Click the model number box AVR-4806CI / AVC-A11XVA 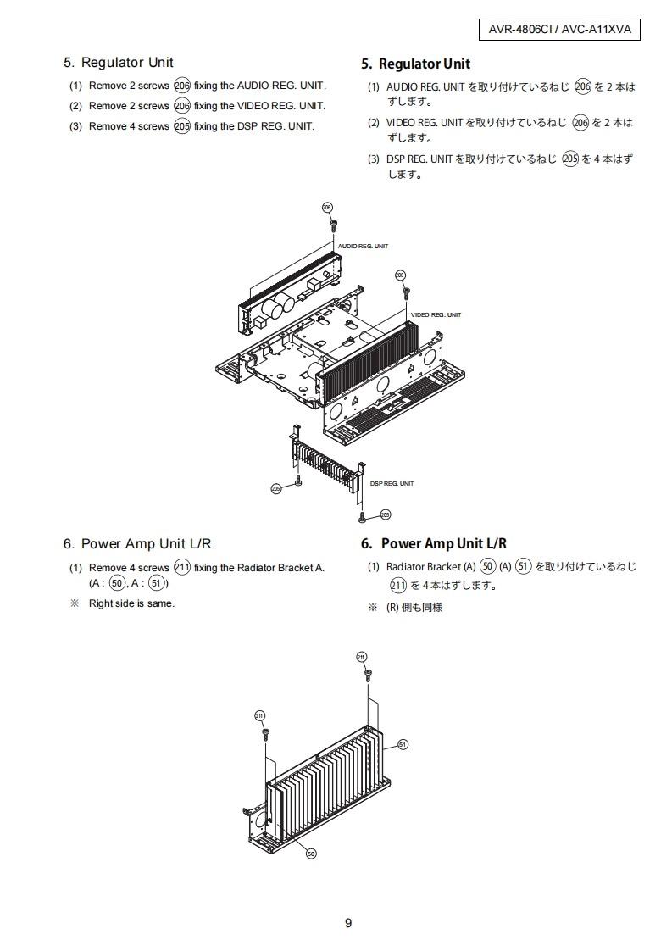[558, 30]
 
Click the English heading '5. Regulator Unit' [119, 63]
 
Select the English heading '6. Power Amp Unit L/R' [137, 543]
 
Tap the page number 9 [348, 923]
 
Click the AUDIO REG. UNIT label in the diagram [363, 246]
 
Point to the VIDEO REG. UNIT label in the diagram [436, 314]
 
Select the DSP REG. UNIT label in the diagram [392, 483]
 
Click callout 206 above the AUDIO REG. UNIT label [328, 208]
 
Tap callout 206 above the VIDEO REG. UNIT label [400, 275]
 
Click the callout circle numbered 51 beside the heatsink [403, 744]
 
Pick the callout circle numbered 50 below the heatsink [311, 854]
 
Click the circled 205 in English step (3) [181, 126]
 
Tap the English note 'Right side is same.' [131, 603]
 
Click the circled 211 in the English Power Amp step [181, 568]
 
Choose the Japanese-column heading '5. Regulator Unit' [415, 64]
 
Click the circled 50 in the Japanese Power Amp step [487, 566]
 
